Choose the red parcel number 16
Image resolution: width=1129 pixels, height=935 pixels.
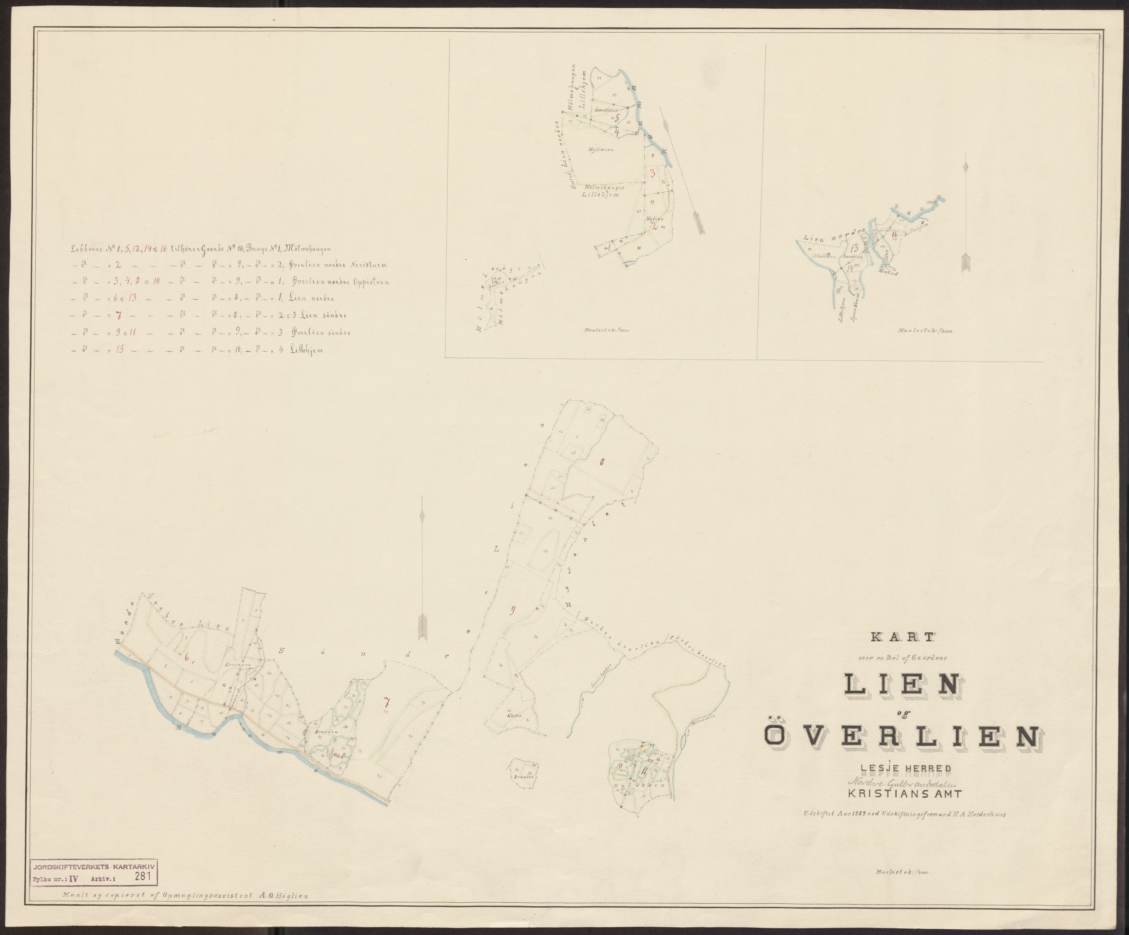[894, 233]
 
